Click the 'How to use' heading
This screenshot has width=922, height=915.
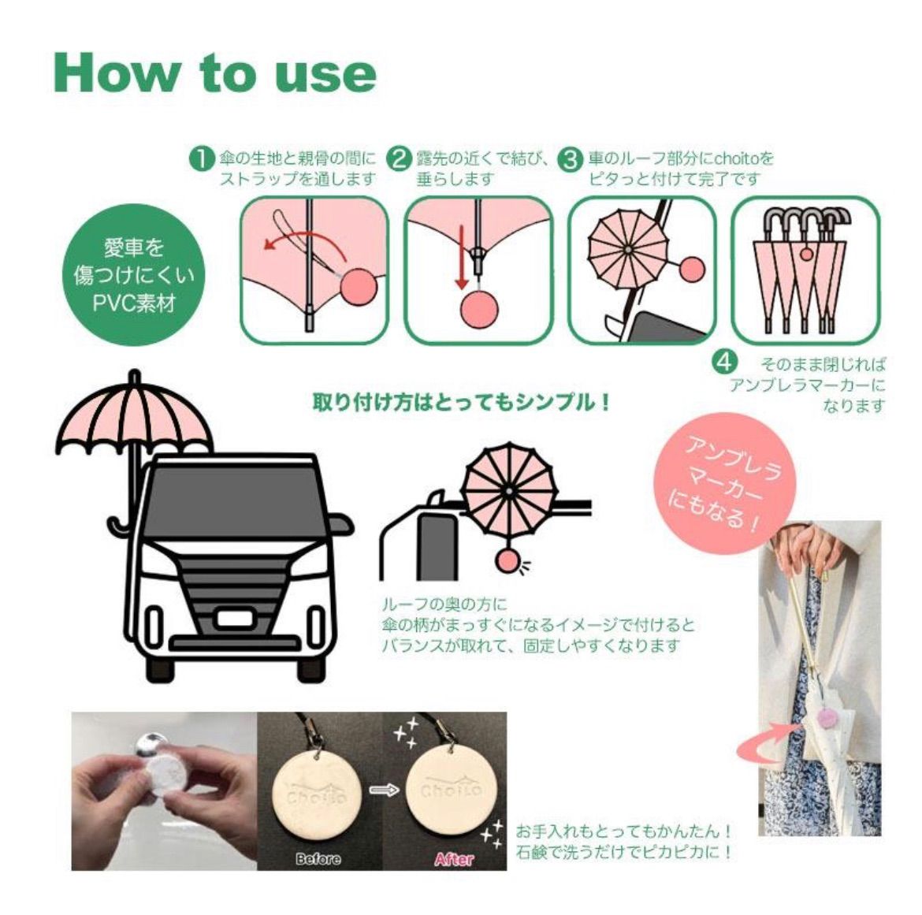(214, 73)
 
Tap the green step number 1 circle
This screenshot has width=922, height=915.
(202, 159)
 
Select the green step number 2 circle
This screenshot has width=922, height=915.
(399, 159)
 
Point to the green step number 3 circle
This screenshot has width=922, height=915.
(570, 159)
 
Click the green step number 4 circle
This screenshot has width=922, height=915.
(724, 362)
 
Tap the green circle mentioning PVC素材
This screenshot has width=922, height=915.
(134, 275)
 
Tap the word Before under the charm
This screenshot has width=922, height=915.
(318, 859)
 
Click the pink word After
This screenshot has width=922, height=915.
(454, 859)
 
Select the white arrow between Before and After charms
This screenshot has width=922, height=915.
(385, 790)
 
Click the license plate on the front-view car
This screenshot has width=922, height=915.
(235, 619)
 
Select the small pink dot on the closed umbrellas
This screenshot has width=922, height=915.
(807, 254)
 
